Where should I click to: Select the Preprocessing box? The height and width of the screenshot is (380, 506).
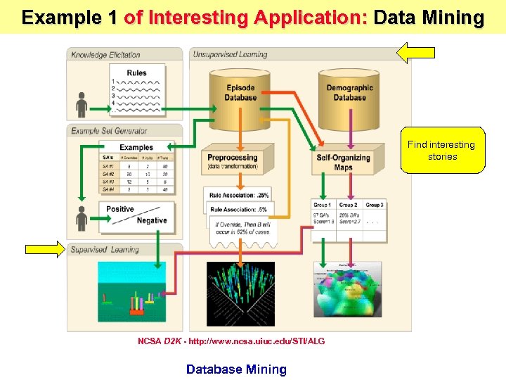(233, 161)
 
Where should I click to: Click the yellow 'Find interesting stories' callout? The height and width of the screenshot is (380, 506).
(442, 151)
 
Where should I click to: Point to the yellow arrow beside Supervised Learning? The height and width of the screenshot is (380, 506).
(46, 248)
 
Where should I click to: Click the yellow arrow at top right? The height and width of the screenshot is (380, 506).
(416, 51)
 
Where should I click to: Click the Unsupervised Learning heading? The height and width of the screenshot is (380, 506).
(230, 55)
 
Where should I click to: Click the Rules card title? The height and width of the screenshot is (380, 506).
(137, 73)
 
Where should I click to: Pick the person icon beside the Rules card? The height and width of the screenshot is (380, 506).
(82, 104)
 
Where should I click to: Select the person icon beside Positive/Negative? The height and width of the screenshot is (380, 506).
(82, 218)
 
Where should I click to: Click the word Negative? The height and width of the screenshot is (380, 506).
(152, 221)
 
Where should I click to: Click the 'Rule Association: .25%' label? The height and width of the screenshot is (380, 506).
(239, 195)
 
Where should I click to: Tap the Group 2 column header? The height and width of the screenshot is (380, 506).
(348, 205)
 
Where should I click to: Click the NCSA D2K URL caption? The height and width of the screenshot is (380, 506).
(231, 341)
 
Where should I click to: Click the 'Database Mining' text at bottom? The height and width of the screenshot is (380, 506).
(236, 369)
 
